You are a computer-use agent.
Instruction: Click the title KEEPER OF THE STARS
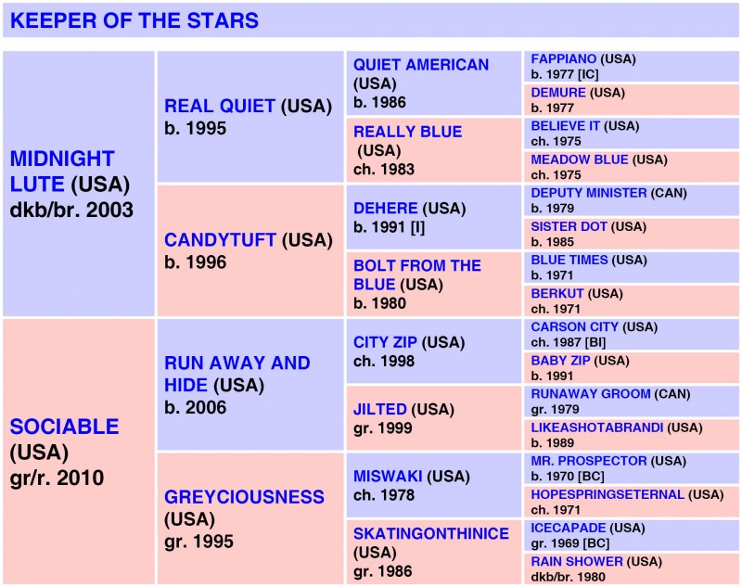134,20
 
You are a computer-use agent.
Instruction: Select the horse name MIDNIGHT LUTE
62,172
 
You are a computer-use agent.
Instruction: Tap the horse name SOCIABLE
64,427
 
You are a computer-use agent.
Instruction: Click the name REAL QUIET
220,106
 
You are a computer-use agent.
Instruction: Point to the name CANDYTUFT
220,240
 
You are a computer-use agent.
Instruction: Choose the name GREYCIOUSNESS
244,497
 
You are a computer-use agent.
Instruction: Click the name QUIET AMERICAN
421,65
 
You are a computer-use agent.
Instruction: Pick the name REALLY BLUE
407,132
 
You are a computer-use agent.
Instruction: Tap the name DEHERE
385,208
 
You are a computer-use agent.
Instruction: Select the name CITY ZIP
385,342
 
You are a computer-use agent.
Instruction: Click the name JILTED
380,409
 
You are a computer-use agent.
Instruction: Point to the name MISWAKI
388,476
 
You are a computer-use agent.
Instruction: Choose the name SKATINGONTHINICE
431,533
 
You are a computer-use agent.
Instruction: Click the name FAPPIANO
564,59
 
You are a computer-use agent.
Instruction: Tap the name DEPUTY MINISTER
589,193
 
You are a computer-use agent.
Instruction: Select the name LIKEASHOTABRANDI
596,427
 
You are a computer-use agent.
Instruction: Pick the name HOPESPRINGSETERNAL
608,495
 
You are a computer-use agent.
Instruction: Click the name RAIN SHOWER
577,561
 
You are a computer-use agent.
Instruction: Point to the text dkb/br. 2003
71,211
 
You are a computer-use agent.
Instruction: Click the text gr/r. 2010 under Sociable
57,479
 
